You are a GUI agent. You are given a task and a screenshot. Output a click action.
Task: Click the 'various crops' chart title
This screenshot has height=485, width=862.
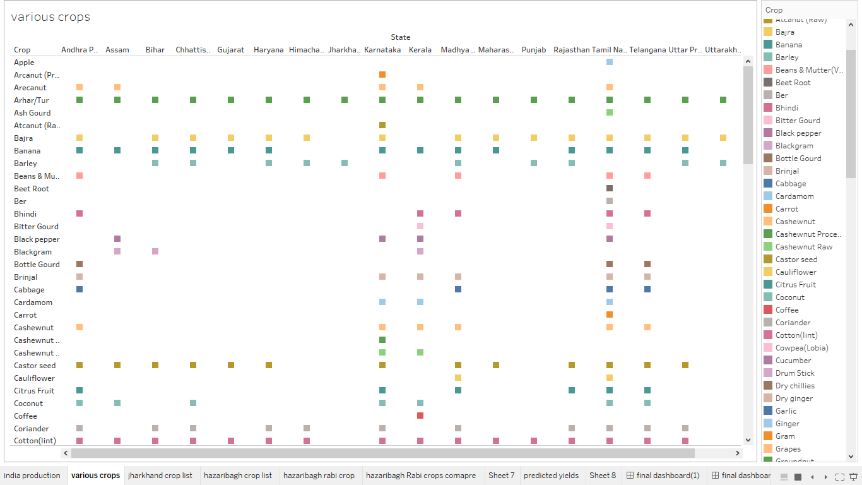click(50, 17)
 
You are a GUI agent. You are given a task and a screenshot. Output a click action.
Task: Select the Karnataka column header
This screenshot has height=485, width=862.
click(382, 50)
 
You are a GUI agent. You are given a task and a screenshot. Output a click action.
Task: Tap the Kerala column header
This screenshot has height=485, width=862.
click(420, 50)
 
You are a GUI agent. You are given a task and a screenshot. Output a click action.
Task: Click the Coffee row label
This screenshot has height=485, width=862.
click(26, 416)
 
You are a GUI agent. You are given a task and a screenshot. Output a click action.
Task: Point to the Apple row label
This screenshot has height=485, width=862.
click(25, 63)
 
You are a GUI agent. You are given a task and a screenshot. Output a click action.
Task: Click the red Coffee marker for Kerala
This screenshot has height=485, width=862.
click(420, 416)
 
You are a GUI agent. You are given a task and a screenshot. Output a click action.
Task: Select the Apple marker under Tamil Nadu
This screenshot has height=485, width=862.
click(610, 62)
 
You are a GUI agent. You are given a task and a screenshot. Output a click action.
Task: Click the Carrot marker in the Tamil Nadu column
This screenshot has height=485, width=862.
click(610, 314)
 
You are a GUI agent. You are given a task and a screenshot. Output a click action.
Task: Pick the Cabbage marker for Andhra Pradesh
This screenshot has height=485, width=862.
click(80, 289)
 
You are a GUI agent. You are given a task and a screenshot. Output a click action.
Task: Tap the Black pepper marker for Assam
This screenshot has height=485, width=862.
click(117, 239)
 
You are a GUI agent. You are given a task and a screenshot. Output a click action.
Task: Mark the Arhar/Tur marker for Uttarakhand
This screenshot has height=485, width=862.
click(723, 100)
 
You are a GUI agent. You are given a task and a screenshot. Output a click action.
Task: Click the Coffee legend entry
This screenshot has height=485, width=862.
click(787, 310)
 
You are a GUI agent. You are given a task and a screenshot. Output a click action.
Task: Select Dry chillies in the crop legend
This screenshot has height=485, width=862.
click(794, 386)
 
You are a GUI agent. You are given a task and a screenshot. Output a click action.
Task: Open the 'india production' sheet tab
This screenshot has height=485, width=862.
click(32, 476)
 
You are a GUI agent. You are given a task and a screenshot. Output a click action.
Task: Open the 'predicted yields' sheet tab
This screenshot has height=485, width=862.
click(551, 476)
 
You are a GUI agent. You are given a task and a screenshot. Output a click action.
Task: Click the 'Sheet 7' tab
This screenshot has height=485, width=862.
click(501, 476)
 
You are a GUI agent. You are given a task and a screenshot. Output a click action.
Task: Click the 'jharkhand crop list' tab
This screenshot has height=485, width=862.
click(160, 476)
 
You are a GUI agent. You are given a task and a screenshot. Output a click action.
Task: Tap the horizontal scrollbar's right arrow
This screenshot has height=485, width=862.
click(738, 453)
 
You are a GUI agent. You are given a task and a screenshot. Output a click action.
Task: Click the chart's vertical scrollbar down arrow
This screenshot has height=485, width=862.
click(748, 440)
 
